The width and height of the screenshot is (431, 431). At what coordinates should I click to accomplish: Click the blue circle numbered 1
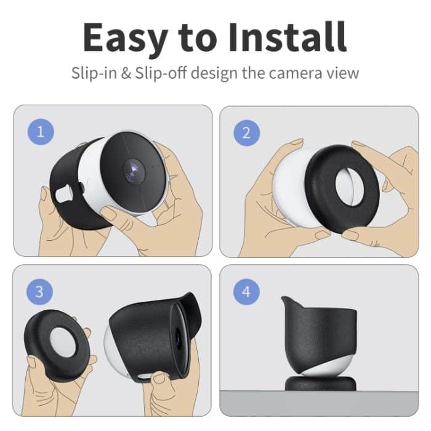coord(41,131)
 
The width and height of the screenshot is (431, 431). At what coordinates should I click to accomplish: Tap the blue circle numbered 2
coord(247,131)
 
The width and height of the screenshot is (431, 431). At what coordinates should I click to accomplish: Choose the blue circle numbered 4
coord(247,291)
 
